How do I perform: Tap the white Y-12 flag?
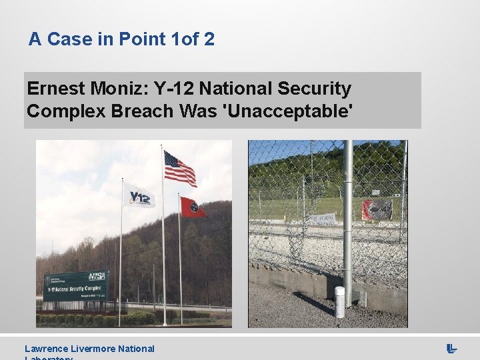141,197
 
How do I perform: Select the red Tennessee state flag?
192,208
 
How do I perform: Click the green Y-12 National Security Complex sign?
75,285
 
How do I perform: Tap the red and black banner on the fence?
377,209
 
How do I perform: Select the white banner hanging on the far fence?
321,219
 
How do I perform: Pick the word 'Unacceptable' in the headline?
291,111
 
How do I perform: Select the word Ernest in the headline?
54,89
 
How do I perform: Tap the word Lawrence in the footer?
45,349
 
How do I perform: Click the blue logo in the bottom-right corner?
451,348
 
